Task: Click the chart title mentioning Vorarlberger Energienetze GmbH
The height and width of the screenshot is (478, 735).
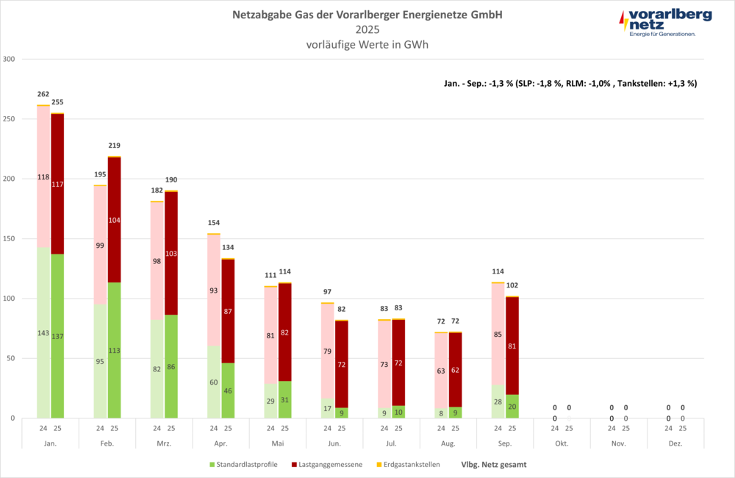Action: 367,15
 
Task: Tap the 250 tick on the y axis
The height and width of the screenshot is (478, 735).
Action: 10,118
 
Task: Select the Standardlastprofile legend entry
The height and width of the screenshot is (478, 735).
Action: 243,465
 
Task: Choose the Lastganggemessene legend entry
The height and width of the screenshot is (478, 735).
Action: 327,465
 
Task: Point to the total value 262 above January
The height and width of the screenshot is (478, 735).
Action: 43,94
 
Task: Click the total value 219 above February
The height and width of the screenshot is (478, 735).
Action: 114,146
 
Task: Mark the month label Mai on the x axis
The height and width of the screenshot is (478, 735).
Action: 278,443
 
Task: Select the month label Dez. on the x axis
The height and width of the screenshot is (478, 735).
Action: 675,443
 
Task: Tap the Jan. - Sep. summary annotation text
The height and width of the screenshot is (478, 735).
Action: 570,83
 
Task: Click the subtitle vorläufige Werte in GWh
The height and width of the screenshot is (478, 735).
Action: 367,44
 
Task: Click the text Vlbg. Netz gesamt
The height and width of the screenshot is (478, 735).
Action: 493,465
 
